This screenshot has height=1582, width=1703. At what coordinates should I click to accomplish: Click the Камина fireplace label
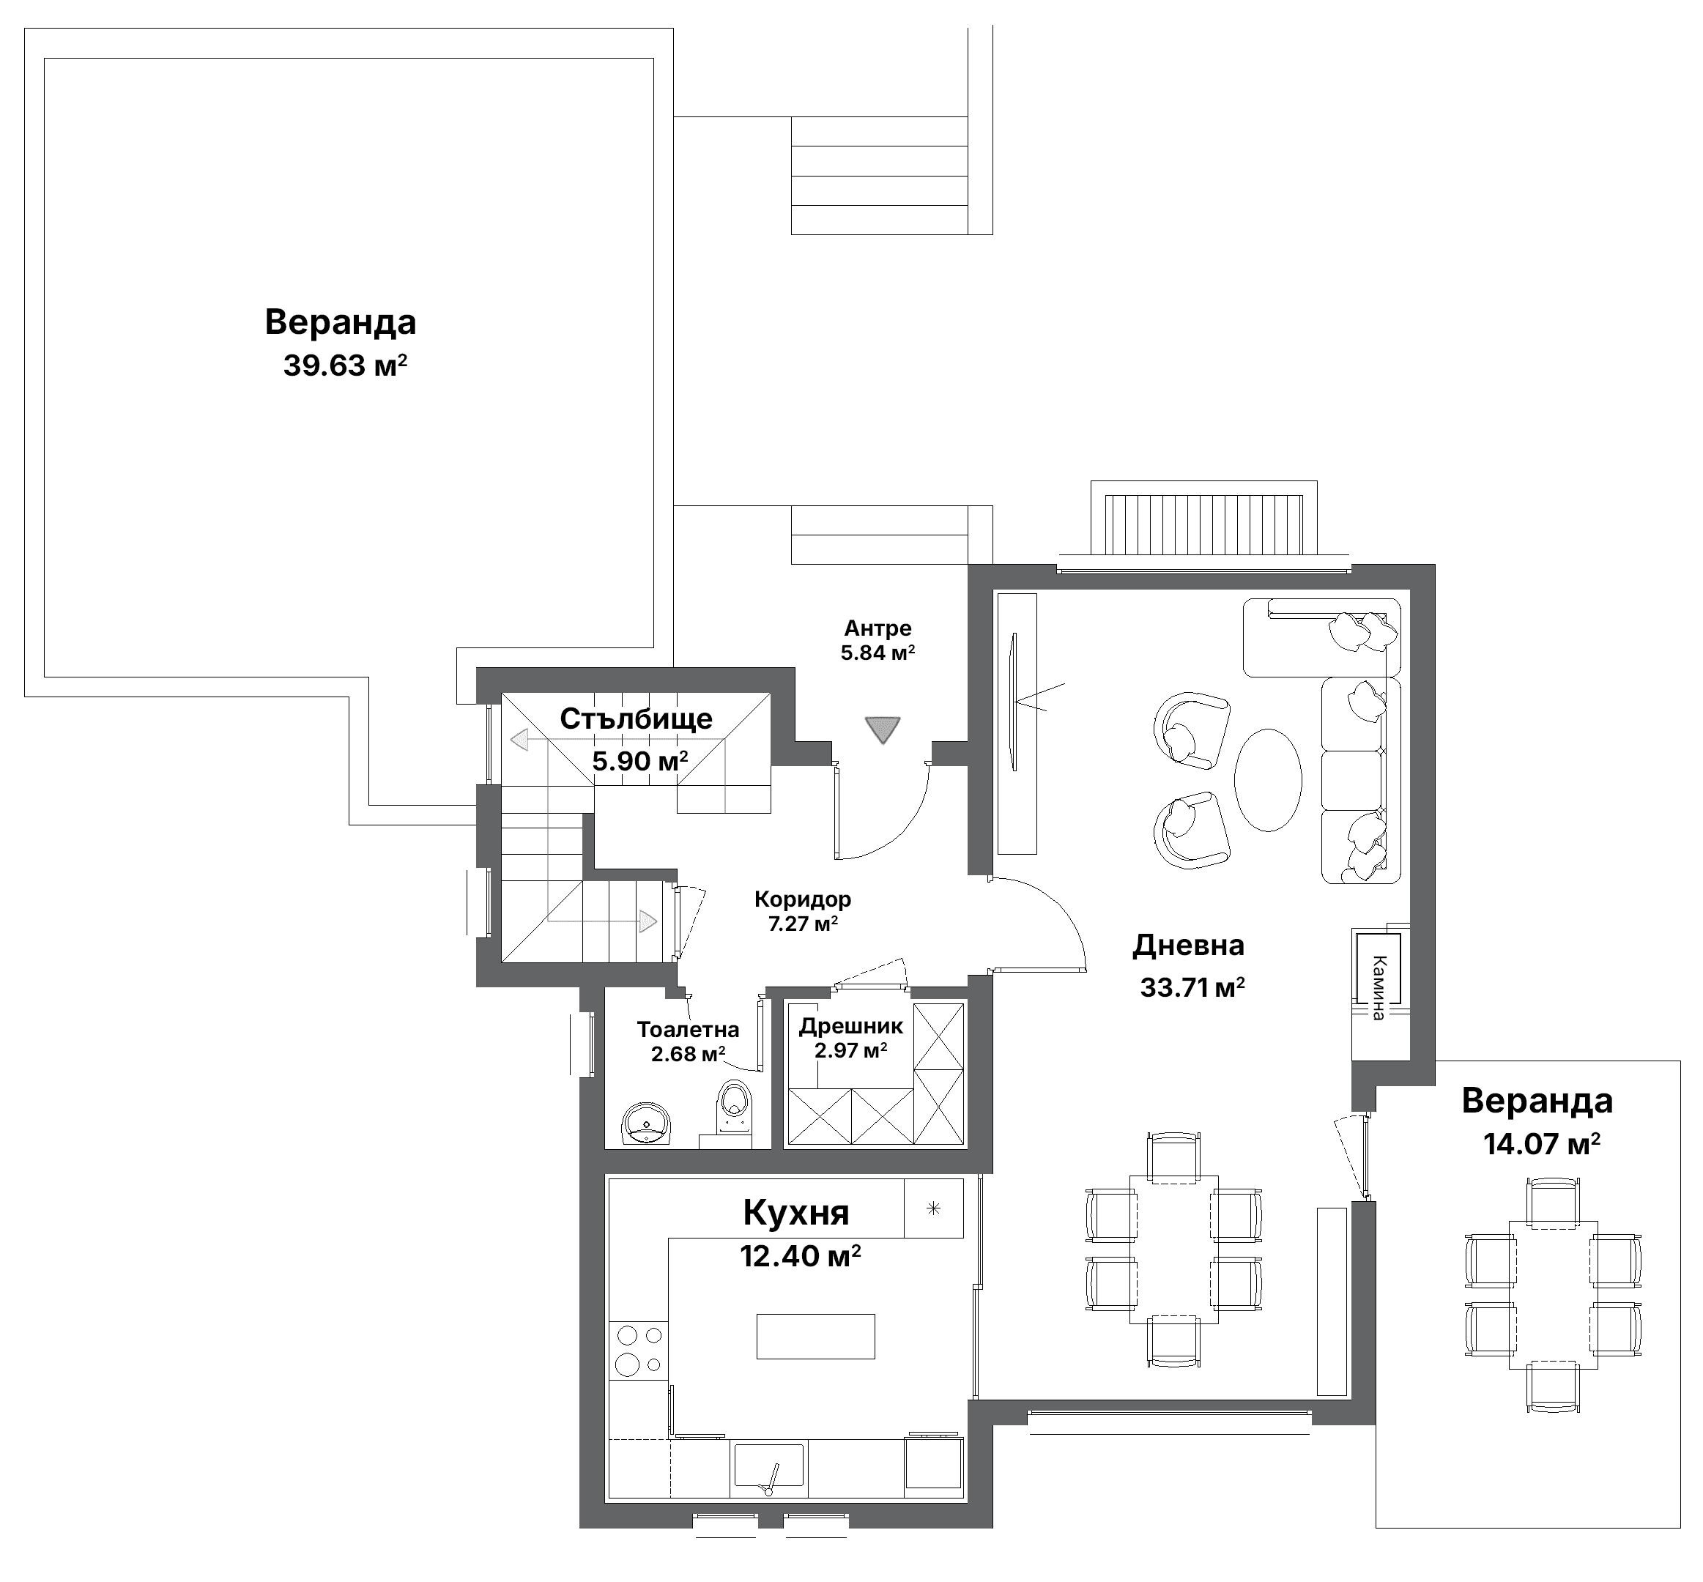[x=1378, y=988]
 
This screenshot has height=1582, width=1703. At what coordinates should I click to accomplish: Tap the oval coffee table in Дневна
[x=1267, y=780]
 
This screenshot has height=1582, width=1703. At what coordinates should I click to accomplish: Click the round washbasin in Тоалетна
[x=645, y=1124]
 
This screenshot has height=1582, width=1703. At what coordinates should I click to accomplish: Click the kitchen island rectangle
[x=815, y=1335]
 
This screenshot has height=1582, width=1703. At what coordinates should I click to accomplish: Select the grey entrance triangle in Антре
[x=882, y=729]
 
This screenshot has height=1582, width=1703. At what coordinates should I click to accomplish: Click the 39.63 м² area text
[x=345, y=366]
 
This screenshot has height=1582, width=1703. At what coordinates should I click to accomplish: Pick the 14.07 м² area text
[x=1542, y=1144]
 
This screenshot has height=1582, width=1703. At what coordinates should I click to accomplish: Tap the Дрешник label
[x=851, y=1025]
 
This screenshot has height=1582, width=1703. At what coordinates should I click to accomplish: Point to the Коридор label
[x=802, y=899]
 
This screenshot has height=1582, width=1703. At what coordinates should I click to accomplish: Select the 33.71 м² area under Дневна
[x=1192, y=988]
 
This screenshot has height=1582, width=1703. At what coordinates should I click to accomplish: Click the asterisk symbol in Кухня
[x=933, y=1208]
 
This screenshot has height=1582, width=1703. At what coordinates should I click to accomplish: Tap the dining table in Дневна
[x=1173, y=1249]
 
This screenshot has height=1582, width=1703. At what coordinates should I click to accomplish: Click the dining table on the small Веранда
[x=1552, y=1294]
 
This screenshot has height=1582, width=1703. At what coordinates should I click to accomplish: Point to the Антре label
[x=878, y=628]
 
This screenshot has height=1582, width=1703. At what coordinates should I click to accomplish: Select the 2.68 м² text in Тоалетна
[x=689, y=1054]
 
